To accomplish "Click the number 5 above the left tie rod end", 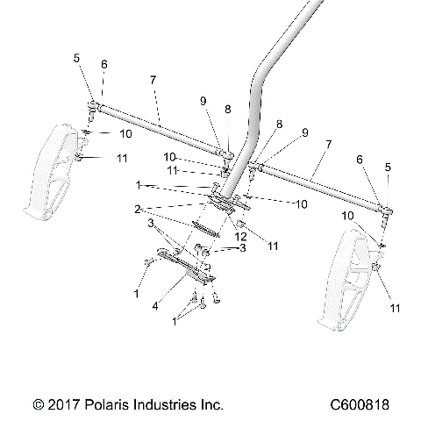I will [76, 59].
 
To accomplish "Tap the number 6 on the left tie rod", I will [103, 65].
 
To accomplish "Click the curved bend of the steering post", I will [261, 83].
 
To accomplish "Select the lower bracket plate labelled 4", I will [184, 265].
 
